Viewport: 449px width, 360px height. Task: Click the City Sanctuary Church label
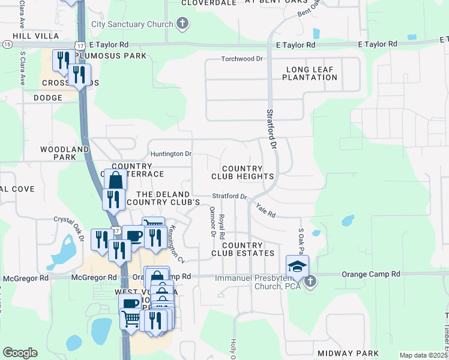[131, 25]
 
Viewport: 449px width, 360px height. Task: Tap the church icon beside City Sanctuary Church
[183, 25]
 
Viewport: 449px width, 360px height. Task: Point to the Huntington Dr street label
[171, 154]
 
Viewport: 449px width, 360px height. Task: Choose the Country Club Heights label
[243, 172]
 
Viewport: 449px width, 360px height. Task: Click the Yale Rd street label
[265, 210]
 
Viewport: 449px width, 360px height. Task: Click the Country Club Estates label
[243, 249]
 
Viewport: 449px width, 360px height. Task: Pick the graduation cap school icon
[297, 266]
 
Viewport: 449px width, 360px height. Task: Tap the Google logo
[20, 353]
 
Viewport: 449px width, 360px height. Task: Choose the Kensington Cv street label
[176, 244]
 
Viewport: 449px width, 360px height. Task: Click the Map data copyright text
[423, 355]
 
